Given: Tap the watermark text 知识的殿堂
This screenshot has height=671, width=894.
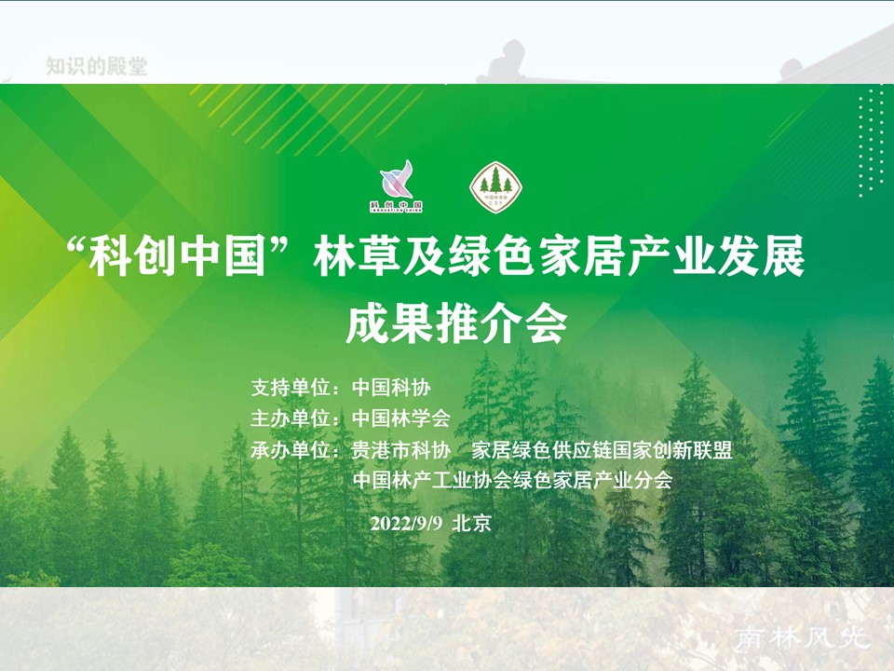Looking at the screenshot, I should click(97, 66).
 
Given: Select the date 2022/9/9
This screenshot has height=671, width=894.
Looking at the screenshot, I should click(407, 523).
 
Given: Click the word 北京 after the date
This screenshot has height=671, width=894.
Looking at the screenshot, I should click(470, 523).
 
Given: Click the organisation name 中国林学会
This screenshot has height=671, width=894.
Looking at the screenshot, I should click(401, 418).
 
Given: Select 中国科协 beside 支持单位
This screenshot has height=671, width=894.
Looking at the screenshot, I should click(391, 387).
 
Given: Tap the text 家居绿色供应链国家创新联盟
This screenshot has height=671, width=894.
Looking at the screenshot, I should click(602, 450).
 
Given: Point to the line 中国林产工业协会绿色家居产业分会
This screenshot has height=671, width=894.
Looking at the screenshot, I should click(512, 481).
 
